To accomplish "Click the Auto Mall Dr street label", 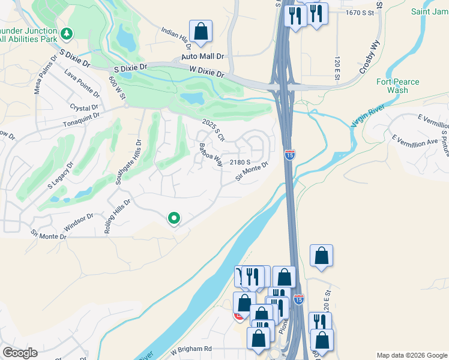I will click(203, 56).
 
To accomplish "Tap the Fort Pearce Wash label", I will click(398, 86).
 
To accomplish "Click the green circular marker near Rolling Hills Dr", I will click(174, 218).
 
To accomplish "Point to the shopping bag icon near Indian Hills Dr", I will click(200, 31).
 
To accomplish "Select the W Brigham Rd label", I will click(191, 349).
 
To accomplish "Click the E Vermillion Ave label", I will click(415, 143).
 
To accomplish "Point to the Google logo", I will click(20, 353).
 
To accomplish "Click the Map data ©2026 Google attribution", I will click(412, 355).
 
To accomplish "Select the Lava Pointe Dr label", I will click(82, 83).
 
